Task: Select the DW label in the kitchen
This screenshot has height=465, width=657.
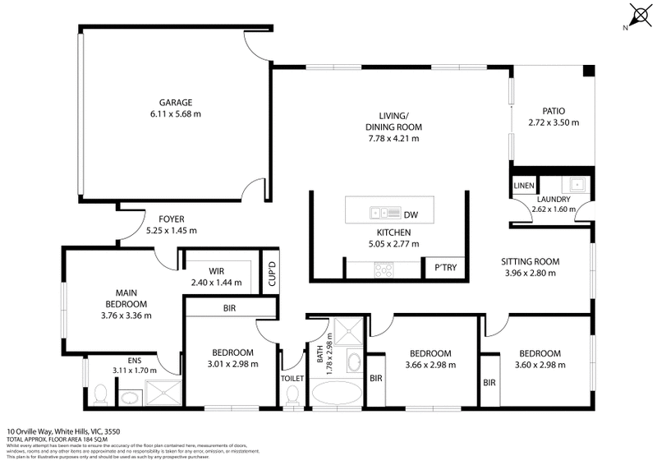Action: tap(411, 215)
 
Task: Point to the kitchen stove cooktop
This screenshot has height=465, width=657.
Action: tap(384, 268)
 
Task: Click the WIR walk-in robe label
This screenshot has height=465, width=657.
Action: tap(217, 271)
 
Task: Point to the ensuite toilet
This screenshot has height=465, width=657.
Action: tap(99, 398)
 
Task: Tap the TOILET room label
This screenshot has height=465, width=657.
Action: tap(292, 378)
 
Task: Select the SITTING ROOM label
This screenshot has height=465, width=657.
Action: tap(530, 262)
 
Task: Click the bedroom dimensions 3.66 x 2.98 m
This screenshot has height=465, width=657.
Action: tap(430, 366)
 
